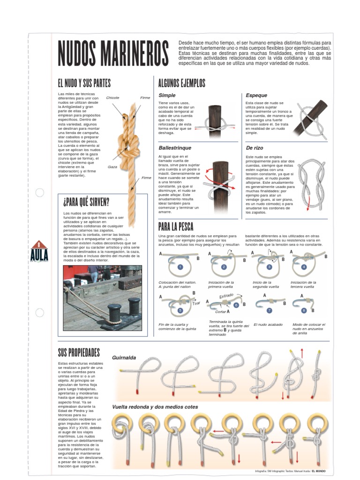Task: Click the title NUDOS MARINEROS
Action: pos(113,53)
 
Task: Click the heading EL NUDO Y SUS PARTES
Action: pos(84,83)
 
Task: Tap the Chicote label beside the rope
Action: pos(113,98)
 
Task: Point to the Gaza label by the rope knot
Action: pos(112,166)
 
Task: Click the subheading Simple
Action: pos(167,96)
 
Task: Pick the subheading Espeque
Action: pos(256,96)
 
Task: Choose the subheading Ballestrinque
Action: pos(174,148)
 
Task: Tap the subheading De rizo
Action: pos(255,148)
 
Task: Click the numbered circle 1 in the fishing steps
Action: pos(180,267)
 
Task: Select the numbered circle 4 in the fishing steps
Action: pos(304,267)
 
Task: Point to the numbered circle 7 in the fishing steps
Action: pos(269,310)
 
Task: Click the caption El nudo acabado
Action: pos(269,324)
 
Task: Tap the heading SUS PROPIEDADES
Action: pos(79,352)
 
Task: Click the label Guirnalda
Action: pos(124,358)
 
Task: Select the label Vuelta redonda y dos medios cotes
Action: pos(155,407)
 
